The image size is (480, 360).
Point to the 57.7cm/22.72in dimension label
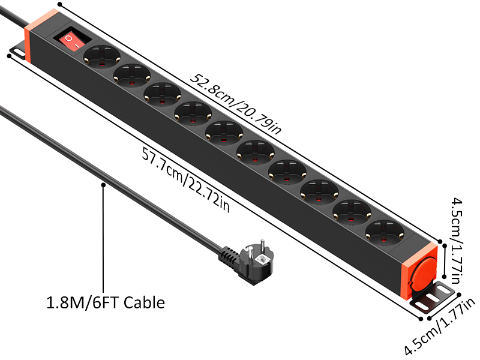[185, 178]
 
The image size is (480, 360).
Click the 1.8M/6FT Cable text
[106, 302]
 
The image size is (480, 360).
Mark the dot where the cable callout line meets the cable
[104, 185]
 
